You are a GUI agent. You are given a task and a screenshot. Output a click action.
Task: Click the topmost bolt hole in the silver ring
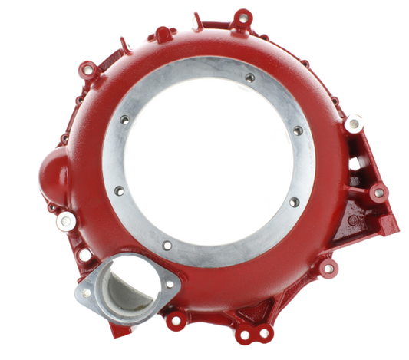coord(249,78)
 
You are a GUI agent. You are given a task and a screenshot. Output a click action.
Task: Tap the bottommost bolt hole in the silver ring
coord(167,246)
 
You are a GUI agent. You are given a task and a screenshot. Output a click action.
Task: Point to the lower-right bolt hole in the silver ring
coord(292,202)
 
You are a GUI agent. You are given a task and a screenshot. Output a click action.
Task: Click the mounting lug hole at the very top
coord(243,15)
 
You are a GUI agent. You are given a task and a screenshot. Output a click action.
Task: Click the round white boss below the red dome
coord(67,221)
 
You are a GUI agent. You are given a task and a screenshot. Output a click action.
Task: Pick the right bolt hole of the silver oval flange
coord(169,286)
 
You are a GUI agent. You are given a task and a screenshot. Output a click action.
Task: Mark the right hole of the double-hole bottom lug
coord(265,332)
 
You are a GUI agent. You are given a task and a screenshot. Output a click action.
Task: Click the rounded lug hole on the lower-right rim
coord(328,269)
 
